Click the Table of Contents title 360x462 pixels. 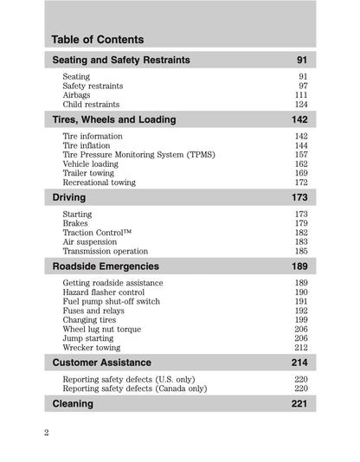click(x=98, y=40)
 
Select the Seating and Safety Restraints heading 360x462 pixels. click(x=121, y=61)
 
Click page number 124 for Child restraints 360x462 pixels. click(x=299, y=105)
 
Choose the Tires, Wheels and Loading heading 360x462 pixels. click(x=114, y=120)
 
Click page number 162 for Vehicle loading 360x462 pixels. click(x=299, y=164)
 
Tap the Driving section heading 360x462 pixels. click(x=69, y=198)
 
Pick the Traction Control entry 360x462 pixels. click(x=97, y=233)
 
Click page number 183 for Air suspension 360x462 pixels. click(x=299, y=242)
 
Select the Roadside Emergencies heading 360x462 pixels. click(x=106, y=266)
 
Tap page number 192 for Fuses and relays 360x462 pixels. click(x=299, y=311)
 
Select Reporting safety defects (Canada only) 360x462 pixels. click(x=134, y=388)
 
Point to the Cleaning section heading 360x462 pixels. click(x=74, y=404)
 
